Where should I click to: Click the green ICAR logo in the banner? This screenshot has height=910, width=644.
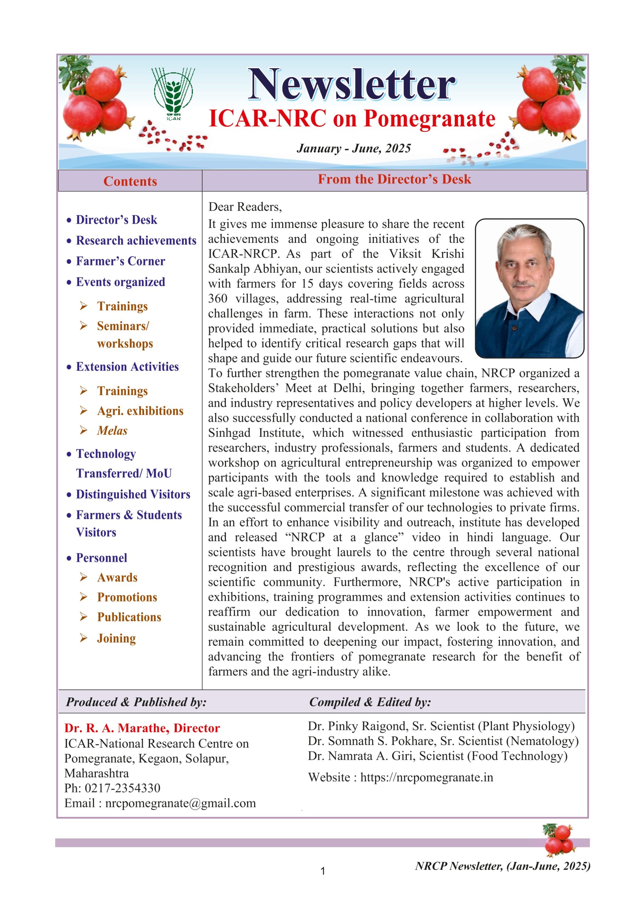(173, 93)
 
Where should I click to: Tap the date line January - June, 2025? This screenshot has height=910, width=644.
(353, 149)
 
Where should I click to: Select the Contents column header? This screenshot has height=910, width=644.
(130, 181)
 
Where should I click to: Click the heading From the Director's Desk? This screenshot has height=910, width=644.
(394, 179)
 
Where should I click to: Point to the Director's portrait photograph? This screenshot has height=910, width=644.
(529, 288)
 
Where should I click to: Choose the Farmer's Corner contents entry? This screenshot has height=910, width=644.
(120, 261)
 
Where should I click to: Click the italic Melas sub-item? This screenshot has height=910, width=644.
(112, 430)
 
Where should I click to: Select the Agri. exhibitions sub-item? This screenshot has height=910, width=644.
(140, 411)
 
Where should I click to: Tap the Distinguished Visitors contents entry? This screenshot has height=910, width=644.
(133, 494)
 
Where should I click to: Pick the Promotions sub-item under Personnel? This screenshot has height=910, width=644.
(127, 597)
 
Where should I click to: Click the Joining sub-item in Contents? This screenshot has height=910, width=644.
(116, 638)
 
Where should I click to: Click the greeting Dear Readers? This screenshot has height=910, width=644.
(245, 207)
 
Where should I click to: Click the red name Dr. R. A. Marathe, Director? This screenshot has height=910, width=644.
(142, 728)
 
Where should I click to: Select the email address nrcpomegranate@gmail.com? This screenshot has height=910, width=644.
(180, 803)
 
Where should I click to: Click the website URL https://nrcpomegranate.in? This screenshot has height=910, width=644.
(426, 777)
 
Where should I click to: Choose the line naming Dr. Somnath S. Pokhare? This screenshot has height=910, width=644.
(443, 741)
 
